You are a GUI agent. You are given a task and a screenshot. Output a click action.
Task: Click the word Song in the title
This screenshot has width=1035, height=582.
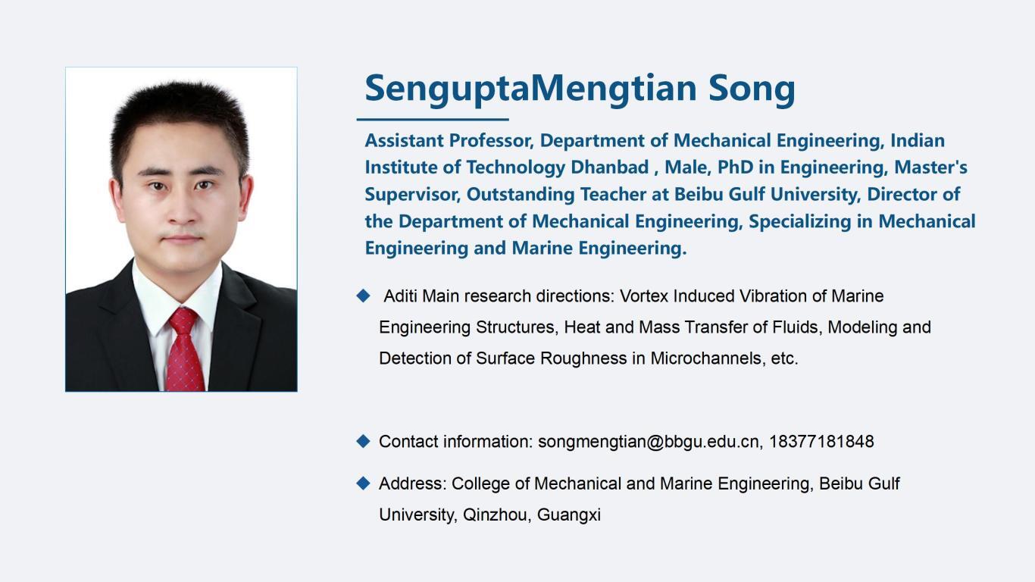(x=752, y=89)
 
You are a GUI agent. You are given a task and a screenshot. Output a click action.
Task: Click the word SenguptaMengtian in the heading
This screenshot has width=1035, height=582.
(x=530, y=89)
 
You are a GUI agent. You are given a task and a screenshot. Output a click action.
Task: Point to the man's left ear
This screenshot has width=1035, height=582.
(x=245, y=196)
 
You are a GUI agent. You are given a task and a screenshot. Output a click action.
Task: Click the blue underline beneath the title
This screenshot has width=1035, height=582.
(x=433, y=119)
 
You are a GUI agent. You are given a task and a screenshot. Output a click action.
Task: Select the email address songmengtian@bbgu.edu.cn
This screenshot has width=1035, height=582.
(x=649, y=442)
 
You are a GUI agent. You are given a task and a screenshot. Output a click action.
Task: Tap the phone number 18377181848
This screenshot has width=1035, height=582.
(x=821, y=442)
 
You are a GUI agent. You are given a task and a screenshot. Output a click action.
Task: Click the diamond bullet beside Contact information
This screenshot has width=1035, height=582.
(x=363, y=441)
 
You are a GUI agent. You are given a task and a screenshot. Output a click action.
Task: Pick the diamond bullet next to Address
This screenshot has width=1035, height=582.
(x=363, y=483)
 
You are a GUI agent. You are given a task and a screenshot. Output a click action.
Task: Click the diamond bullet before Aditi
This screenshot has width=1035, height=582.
(x=363, y=296)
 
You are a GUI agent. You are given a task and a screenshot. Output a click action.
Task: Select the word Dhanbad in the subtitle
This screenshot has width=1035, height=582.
(x=609, y=167)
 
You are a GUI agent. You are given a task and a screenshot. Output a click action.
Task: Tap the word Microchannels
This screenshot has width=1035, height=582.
(x=705, y=358)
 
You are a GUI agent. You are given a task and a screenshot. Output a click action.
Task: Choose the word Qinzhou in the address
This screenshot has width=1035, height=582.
(x=495, y=515)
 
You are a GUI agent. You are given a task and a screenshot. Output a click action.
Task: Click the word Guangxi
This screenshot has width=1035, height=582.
(x=569, y=515)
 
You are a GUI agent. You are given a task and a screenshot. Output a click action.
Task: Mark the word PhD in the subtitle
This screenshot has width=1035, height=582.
(x=735, y=167)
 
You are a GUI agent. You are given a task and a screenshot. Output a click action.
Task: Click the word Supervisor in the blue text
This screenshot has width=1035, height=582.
(x=412, y=195)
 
